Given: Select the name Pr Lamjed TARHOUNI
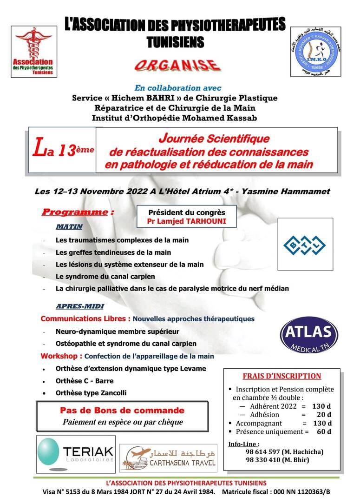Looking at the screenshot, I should [x=186, y=221].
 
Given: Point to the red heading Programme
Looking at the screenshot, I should [x=75, y=212].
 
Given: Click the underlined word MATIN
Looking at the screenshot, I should [x=69, y=226].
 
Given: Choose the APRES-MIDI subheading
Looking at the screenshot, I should [x=80, y=307].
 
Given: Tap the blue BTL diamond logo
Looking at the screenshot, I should [x=305, y=245].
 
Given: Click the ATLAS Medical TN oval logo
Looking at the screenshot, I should [x=309, y=335].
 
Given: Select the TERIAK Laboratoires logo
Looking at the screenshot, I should [x=75, y=452].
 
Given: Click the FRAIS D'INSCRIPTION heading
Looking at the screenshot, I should [x=282, y=376].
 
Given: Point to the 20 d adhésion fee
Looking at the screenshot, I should [x=324, y=415].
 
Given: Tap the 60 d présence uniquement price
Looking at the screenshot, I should [x=324, y=431].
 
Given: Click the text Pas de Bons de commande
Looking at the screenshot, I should [x=122, y=411].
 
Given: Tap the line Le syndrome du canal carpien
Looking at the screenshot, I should [x=105, y=276].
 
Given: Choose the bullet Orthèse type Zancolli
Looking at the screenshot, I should [x=91, y=393].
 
